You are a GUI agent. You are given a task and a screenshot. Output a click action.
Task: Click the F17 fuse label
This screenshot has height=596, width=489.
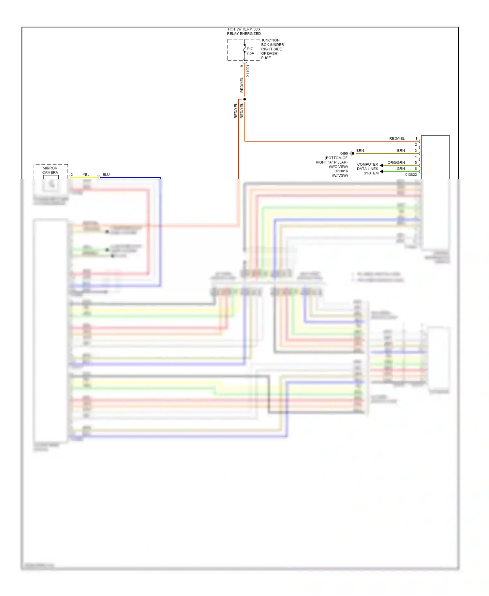point(249,49)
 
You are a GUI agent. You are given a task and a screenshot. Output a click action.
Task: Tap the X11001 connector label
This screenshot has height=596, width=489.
point(248,71)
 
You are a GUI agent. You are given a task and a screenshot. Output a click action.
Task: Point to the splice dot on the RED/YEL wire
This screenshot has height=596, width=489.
point(244,99)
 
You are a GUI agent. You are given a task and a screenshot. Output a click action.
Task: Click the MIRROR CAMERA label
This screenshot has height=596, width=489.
point(50,170)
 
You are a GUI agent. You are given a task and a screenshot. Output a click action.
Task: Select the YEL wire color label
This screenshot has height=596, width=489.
point(86,175)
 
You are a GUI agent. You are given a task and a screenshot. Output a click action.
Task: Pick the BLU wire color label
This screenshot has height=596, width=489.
point(106,175)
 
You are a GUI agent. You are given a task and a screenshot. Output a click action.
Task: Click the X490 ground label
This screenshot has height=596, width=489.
point(344,154)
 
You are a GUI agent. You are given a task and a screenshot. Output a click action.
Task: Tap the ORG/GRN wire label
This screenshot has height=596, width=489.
point(396,163)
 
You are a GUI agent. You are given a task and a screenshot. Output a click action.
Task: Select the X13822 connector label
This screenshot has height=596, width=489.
point(410,175)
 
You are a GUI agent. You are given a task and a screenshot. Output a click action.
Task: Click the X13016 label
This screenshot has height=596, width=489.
point(342,171)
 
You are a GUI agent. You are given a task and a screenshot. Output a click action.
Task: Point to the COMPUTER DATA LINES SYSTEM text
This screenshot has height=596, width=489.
point(368,169)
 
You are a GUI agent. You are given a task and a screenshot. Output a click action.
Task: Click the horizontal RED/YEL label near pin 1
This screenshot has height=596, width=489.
point(397,139)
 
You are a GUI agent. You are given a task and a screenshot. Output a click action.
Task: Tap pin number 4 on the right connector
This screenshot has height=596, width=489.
point(416,157)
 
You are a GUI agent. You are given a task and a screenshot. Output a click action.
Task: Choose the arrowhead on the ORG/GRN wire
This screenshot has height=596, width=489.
point(381,166)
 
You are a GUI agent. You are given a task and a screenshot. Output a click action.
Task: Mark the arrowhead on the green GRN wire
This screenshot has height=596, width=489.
point(381,171)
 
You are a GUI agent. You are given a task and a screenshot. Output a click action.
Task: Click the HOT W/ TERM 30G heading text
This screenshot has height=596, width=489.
point(244,29)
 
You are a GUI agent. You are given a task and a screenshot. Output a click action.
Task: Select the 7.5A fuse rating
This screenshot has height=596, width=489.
point(250,53)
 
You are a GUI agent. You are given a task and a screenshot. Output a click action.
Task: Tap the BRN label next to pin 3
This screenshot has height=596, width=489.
point(401,151)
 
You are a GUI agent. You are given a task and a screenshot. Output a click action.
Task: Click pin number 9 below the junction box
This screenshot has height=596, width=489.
point(242,66)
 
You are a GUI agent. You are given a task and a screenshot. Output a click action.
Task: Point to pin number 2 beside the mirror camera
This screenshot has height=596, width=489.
point(72,175)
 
